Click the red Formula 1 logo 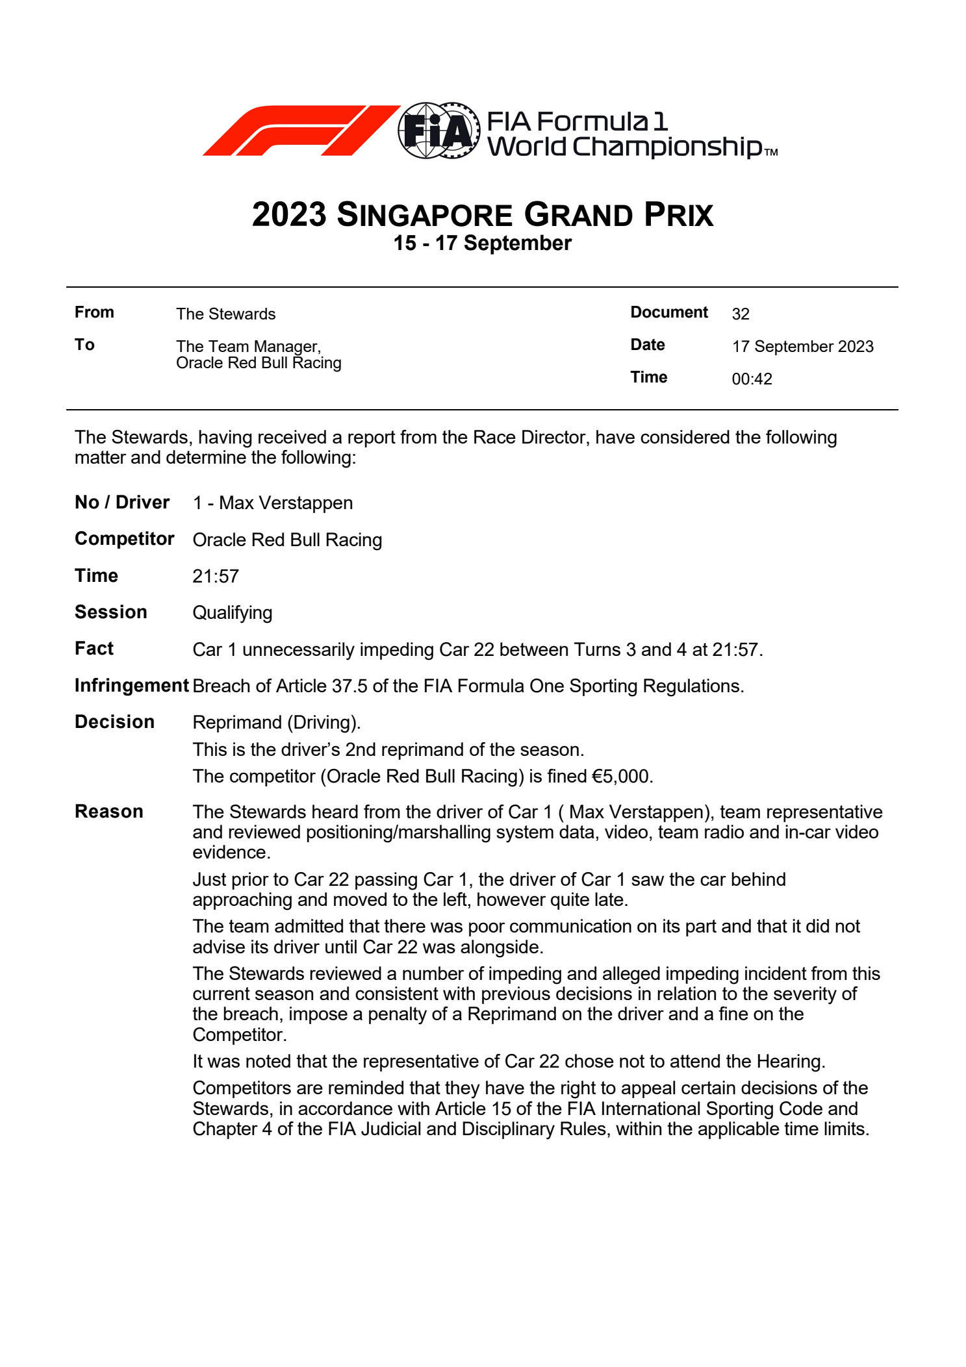[300, 130]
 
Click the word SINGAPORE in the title [425, 215]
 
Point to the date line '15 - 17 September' [482, 244]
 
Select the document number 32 [741, 314]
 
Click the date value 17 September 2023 [802, 347]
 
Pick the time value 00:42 [752, 379]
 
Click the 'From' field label [94, 312]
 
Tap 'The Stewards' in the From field [225, 314]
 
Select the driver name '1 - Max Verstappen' [273, 503]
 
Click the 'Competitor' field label [124, 539]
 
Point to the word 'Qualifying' [232, 613]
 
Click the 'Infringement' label [131, 686]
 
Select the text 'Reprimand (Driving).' [276, 723]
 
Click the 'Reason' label [108, 812]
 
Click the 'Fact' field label [94, 649]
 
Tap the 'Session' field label [110, 612]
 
